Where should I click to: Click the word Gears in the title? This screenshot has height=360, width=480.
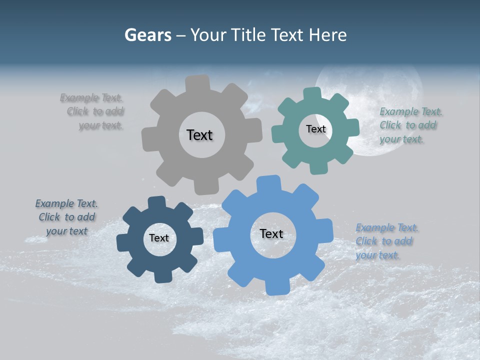pos(147,35)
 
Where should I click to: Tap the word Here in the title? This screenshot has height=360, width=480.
pos(327,35)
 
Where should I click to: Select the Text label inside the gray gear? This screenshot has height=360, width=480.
pos(199,135)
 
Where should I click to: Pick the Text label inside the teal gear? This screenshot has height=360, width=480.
pos(315,129)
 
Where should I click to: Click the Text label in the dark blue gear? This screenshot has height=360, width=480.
pos(159,238)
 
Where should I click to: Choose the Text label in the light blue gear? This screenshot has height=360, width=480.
pos(271,233)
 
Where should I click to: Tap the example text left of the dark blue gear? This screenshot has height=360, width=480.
pos(66,217)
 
